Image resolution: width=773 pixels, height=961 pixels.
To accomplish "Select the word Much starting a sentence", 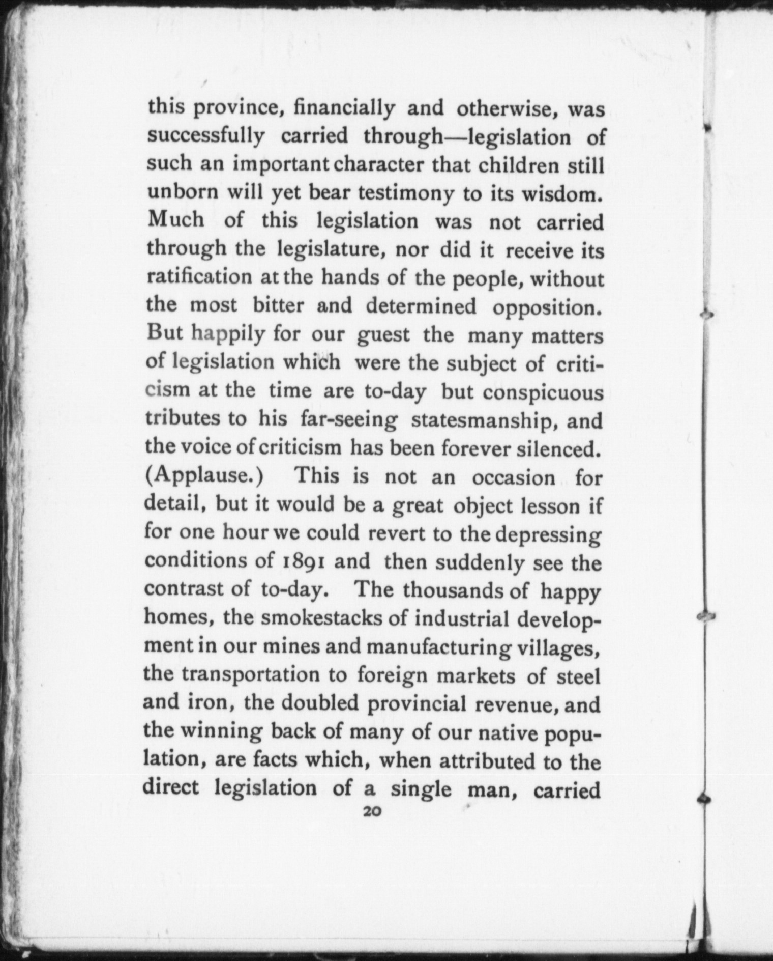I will (175, 220).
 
